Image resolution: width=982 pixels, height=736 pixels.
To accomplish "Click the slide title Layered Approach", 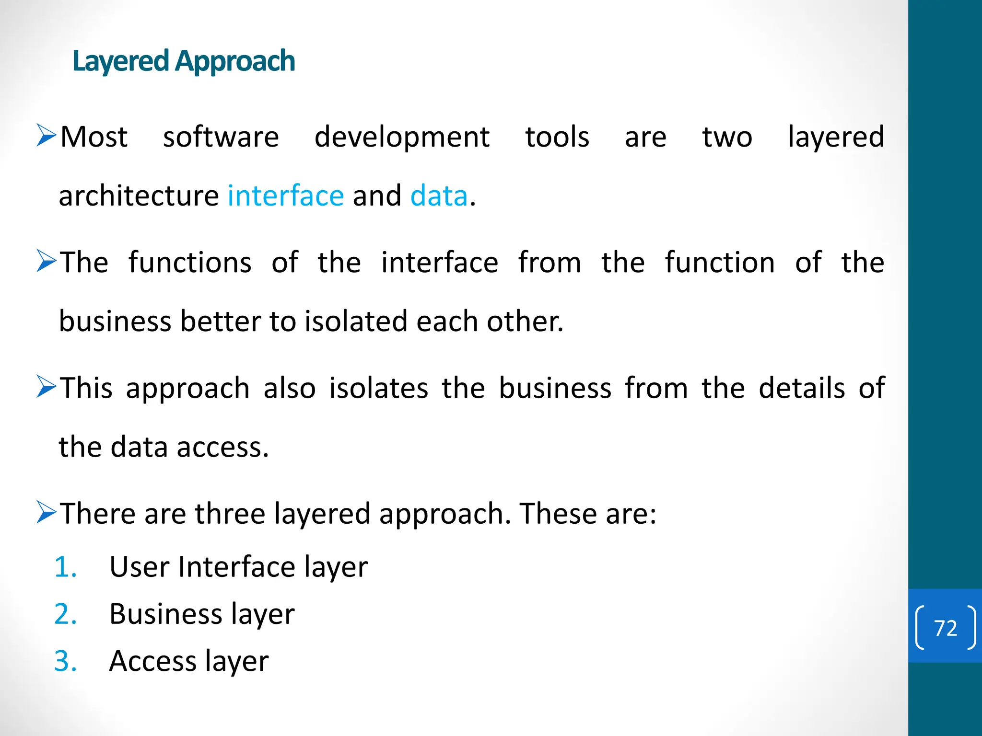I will (x=184, y=61).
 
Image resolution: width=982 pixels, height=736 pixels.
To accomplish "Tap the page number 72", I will (x=946, y=628).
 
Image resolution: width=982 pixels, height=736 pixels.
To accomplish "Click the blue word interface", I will (x=286, y=195).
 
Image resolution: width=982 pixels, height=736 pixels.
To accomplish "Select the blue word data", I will (x=439, y=195).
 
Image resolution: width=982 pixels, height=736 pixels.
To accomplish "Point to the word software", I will (x=221, y=137).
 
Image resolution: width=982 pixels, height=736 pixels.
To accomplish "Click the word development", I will (x=402, y=137).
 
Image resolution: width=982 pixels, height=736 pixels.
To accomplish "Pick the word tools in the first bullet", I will (x=557, y=137).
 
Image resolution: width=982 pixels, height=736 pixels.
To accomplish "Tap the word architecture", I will (x=139, y=195).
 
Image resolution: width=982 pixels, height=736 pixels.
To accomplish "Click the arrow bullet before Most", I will (x=47, y=136).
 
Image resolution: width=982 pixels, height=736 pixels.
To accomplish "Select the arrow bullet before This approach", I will (x=47, y=387).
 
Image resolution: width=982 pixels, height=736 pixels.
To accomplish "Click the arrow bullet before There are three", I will (x=47, y=512).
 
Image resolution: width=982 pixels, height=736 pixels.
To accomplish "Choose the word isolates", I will (x=378, y=388).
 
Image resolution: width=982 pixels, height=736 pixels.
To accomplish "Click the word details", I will (x=802, y=388).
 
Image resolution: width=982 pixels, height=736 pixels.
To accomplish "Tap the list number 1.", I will (x=66, y=567).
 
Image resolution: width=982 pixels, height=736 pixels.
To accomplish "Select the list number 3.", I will (x=66, y=661).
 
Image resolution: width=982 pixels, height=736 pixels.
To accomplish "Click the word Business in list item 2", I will (x=165, y=614).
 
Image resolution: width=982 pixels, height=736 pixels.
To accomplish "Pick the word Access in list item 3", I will (x=152, y=661).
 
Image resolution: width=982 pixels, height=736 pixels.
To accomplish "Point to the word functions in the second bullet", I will (x=190, y=263).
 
